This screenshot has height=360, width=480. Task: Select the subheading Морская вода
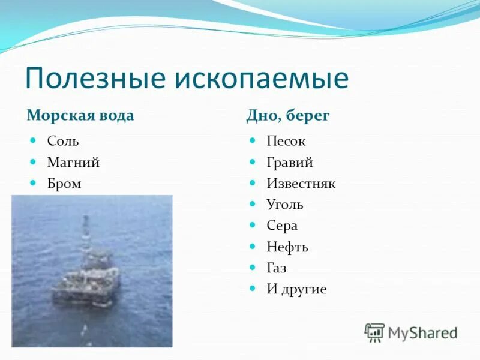[80, 115]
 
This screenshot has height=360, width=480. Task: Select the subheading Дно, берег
[288, 115]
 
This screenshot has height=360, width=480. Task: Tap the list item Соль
[63, 142]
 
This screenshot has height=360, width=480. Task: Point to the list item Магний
[73, 163]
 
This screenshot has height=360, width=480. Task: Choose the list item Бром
[64, 184]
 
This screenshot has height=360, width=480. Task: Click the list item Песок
[286, 142]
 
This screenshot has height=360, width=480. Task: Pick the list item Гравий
[290, 163]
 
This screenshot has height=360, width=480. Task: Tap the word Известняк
[301, 184]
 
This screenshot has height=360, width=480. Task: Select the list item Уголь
[285, 205]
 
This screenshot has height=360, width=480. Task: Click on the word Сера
[282, 226]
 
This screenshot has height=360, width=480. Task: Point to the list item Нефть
[287, 247]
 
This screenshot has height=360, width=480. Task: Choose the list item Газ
[277, 268]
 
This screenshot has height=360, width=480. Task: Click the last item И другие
[296, 289]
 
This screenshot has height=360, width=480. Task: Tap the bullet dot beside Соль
[34, 140]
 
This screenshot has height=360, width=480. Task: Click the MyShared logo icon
[374, 332]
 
